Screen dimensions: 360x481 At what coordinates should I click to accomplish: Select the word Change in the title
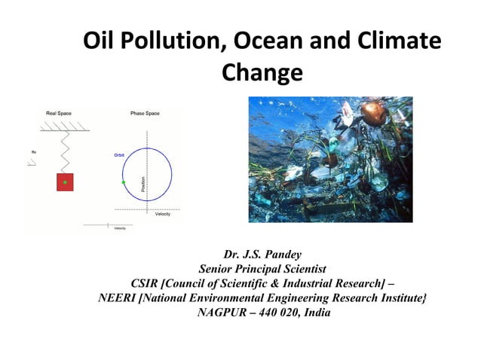tap(262, 74)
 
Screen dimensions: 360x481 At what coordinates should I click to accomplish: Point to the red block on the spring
tap(66, 182)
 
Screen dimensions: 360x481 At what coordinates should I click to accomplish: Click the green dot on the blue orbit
tap(123, 182)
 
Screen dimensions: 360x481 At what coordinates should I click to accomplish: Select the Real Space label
tap(59, 113)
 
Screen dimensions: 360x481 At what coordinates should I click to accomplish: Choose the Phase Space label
tap(145, 113)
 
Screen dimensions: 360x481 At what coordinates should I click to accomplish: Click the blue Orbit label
tap(119, 154)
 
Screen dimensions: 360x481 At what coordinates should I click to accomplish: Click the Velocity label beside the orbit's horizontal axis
tap(162, 214)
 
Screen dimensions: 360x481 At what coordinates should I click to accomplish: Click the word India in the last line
tap(317, 313)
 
